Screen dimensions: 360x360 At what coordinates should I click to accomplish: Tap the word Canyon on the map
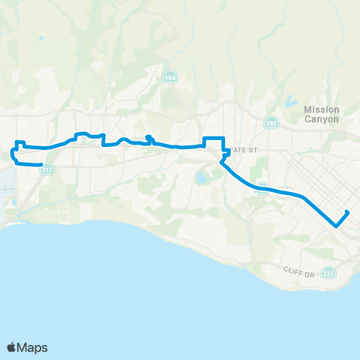click(x=322, y=120)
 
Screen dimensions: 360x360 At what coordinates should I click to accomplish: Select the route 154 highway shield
click(x=171, y=77)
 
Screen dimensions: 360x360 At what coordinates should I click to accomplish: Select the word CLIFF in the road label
click(x=294, y=270)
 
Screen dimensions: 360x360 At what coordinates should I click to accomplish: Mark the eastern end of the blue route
click(x=349, y=211)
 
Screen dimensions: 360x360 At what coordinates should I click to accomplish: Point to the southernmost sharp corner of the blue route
click(x=335, y=223)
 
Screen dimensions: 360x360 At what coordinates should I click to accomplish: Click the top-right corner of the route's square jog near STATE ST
click(x=223, y=137)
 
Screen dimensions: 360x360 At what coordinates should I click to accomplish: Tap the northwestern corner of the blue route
click(x=19, y=142)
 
